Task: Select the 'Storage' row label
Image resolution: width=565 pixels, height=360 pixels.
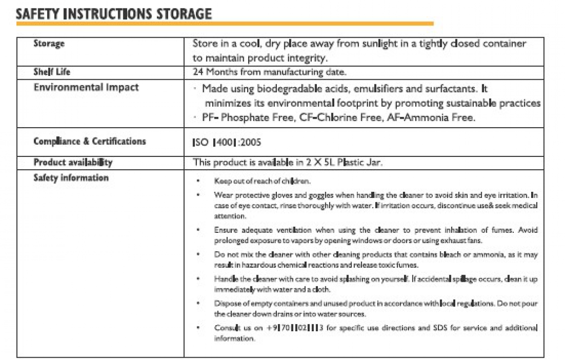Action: (x=49, y=44)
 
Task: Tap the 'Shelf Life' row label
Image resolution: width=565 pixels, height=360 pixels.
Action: (x=52, y=72)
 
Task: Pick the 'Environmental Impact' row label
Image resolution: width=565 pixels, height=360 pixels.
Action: (x=86, y=87)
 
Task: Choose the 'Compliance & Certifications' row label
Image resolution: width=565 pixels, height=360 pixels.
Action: (x=89, y=141)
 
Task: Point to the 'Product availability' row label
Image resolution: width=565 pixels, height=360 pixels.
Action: (x=73, y=163)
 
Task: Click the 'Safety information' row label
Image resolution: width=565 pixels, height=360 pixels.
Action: (x=71, y=178)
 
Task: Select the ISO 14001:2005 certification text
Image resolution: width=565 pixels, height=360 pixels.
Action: (x=227, y=142)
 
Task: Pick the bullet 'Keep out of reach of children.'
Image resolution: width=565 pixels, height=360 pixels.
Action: (x=262, y=181)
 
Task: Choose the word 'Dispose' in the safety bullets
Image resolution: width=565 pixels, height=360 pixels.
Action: (x=226, y=303)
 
